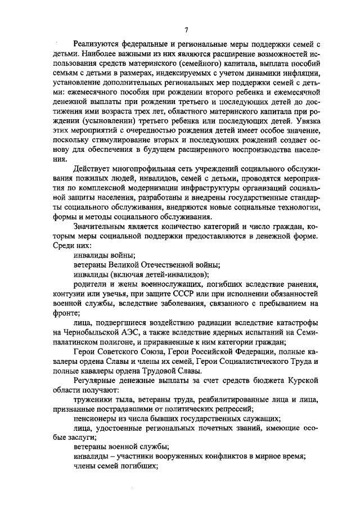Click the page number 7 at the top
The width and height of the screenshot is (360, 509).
pos(185,29)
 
